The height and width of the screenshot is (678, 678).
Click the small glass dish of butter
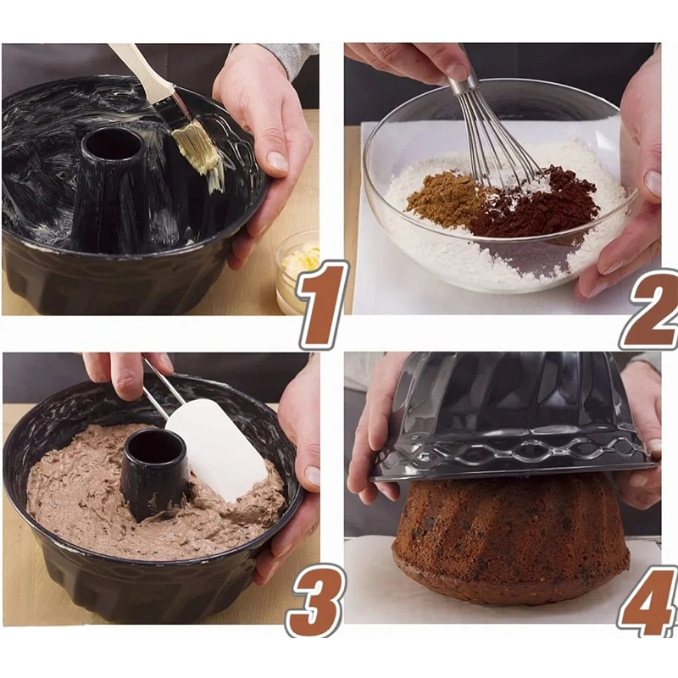(x=298, y=272)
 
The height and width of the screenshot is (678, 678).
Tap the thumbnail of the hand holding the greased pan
(x=277, y=161)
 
